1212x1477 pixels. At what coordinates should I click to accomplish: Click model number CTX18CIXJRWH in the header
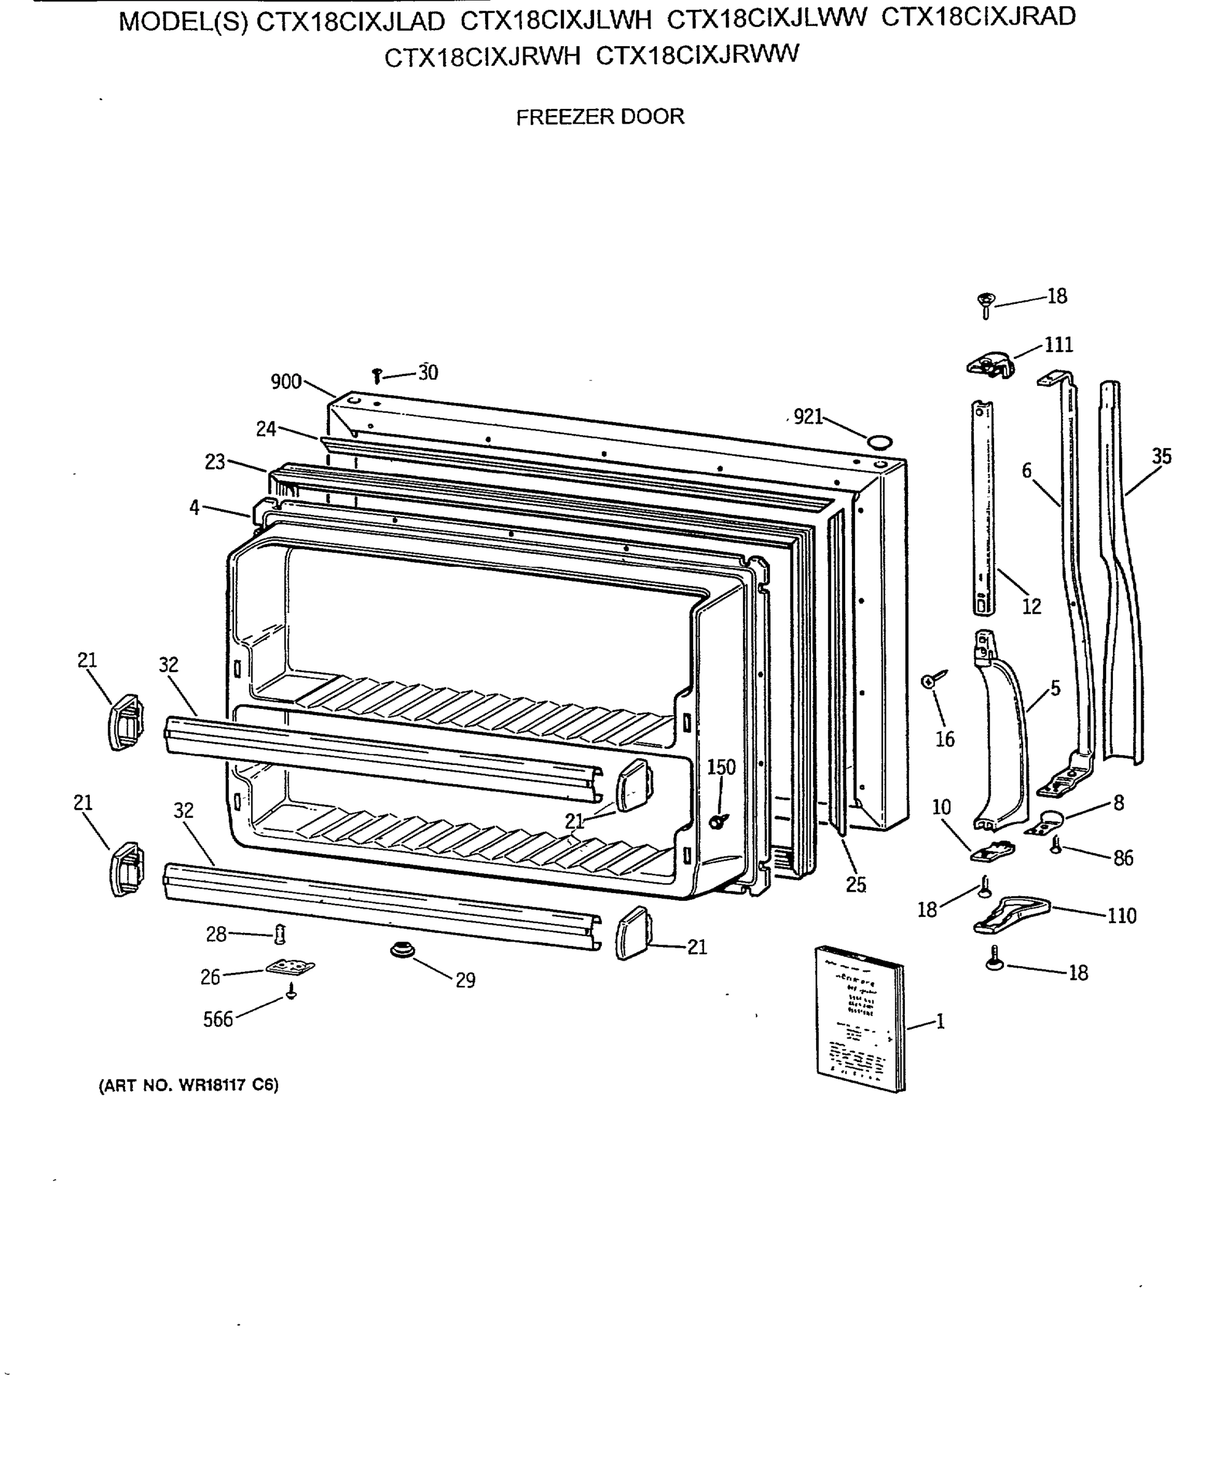(x=482, y=57)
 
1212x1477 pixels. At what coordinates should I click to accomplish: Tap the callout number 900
(x=286, y=382)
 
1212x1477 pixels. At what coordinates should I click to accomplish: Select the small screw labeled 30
(x=377, y=375)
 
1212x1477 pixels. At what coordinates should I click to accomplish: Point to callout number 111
(x=1058, y=345)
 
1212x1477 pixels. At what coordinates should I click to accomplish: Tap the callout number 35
(x=1162, y=457)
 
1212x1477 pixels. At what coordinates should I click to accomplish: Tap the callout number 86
(x=1123, y=858)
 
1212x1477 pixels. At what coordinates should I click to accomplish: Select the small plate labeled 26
(x=290, y=967)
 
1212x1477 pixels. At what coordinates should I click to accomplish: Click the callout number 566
(x=218, y=1020)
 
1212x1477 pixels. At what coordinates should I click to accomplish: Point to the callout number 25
(x=856, y=884)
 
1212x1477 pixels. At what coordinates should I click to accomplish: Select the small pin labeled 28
(x=281, y=933)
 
